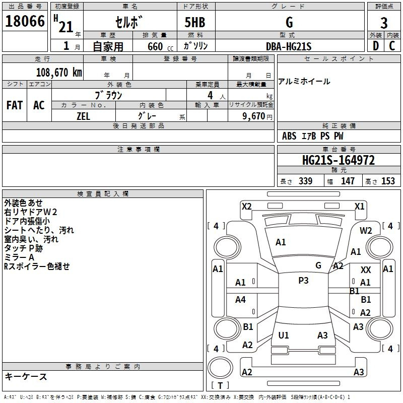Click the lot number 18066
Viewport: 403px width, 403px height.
click(x=25, y=21)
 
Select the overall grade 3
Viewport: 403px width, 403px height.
click(x=384, y=23)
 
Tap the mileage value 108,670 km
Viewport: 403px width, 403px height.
click(x=59, y=73)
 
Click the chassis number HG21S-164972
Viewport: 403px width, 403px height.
click(x=339, y=160)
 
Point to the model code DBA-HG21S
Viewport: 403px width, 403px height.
click(x=289, y=46)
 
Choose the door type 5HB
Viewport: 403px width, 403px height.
click(x=195, y=22)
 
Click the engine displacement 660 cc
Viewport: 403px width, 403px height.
click(x=160, y=46)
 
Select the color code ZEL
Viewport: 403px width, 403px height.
click(x=83, y=116)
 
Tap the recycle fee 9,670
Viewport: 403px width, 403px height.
click(x=254, y=116)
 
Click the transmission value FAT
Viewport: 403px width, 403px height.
click(x=15, y=105)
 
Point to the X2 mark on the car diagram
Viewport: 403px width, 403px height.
click(x=246, y=207)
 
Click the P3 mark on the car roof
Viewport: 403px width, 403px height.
click(x=303, y=280)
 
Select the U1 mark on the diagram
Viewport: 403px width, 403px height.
click(x=284, y=335)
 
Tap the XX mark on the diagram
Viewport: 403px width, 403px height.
click(x=366, y=270)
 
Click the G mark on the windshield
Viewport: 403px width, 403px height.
click(x=318, y=265)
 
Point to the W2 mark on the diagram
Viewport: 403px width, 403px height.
click(x=366, y=231)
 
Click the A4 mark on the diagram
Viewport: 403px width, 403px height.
click(x=240, y=299)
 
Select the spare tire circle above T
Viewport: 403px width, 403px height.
click(x=220, y=368)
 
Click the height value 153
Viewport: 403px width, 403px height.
click(x=388, y=181)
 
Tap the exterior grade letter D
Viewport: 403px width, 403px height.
click(x=376, y=46)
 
